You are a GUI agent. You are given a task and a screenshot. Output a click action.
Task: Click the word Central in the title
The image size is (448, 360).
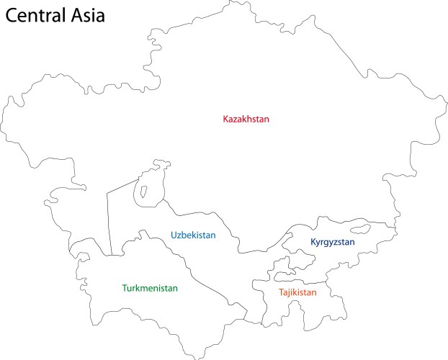pyautogui.click(x=40, y=15)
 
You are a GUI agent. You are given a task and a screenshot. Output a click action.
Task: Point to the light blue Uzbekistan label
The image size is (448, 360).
pyautogui.click(x=193, y=235)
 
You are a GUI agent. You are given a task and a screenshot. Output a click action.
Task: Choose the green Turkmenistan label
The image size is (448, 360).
pyautogui.click(x=150, y=288)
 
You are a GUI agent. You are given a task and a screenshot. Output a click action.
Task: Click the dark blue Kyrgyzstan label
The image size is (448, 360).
pyautogui.click(x=333, y=243)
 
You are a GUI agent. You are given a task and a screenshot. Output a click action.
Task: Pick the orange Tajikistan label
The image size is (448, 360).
pyautogui.click(x=297, y=293)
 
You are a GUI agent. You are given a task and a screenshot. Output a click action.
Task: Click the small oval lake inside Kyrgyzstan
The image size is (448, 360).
pyautogui.click(x=358, y=232)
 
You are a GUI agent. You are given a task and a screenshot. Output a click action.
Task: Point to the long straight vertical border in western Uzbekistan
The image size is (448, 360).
pyautogui.click(x=109, y=223)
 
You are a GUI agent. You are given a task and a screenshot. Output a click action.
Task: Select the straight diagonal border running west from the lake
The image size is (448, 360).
pyautogui.click(x=122, y=184)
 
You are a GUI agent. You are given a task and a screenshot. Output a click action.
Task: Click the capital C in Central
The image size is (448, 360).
pyautogui.click(x=12, y=15)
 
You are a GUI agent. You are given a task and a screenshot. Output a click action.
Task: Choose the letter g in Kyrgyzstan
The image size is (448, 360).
pyautogui.click(x=326, y=244)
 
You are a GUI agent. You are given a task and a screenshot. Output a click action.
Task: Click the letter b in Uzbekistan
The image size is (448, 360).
pyautogui.click(x=184, y=235)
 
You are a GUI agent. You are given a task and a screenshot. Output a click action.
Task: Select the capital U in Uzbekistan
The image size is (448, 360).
pyautogui.click(x=174, y=235)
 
